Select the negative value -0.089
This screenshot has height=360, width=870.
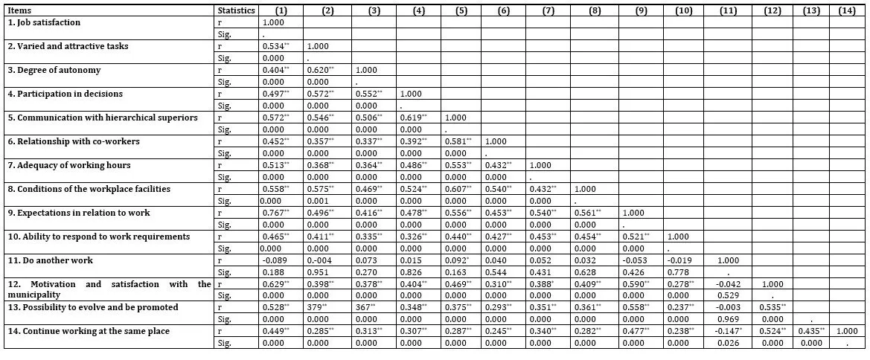[x=280, y=260]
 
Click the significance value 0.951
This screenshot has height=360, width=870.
[x=324, y=272]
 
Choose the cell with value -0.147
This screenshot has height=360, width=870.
[x=735, y=332]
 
